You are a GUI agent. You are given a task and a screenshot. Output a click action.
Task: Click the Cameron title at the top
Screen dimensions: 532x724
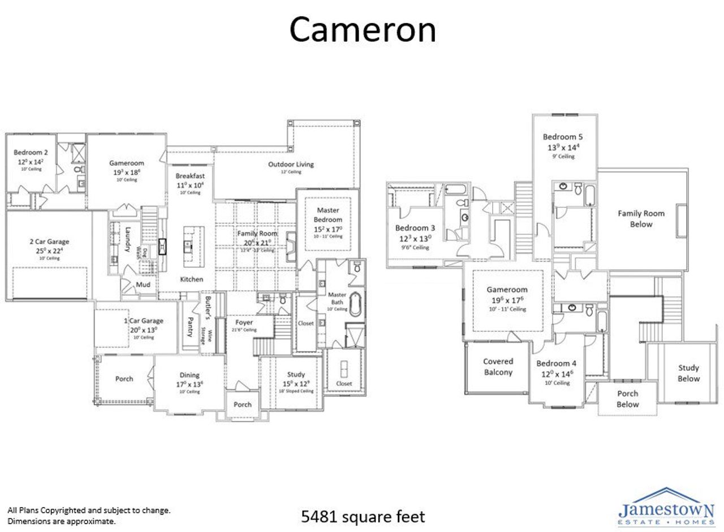pos(363,30)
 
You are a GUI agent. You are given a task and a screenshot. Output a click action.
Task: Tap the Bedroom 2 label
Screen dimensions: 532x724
pos(31,152)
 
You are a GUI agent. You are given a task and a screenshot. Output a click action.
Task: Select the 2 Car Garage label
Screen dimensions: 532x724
pos(50,241)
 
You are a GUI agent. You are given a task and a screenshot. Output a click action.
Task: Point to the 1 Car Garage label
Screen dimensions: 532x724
pos(144,321)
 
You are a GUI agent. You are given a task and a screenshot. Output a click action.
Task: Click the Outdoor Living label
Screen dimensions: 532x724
pos(291,165)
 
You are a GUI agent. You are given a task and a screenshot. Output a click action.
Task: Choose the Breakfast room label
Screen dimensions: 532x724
pos(190,176)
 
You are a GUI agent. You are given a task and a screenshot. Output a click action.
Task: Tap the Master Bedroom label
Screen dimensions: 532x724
pos(328,215)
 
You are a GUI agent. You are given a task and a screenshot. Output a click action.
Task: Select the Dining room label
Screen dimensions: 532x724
pos(189,375)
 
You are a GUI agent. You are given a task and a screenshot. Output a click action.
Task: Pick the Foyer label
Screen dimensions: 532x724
pos(244,322)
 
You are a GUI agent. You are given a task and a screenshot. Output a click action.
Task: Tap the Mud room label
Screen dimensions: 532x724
pos(143,284)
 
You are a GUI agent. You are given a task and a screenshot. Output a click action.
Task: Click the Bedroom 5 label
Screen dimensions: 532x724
pos(562,137)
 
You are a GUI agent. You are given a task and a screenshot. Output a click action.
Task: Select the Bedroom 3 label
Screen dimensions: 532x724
pos(415,228)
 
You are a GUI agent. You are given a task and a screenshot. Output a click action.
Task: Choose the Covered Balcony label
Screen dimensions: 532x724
pos(498,366)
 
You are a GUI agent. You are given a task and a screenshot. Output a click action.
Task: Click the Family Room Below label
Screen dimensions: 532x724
pos(641,218)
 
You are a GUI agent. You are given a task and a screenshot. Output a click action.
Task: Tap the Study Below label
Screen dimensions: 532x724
pos(688,373)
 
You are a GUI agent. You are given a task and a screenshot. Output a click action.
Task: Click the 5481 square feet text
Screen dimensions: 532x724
pos(363,516)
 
